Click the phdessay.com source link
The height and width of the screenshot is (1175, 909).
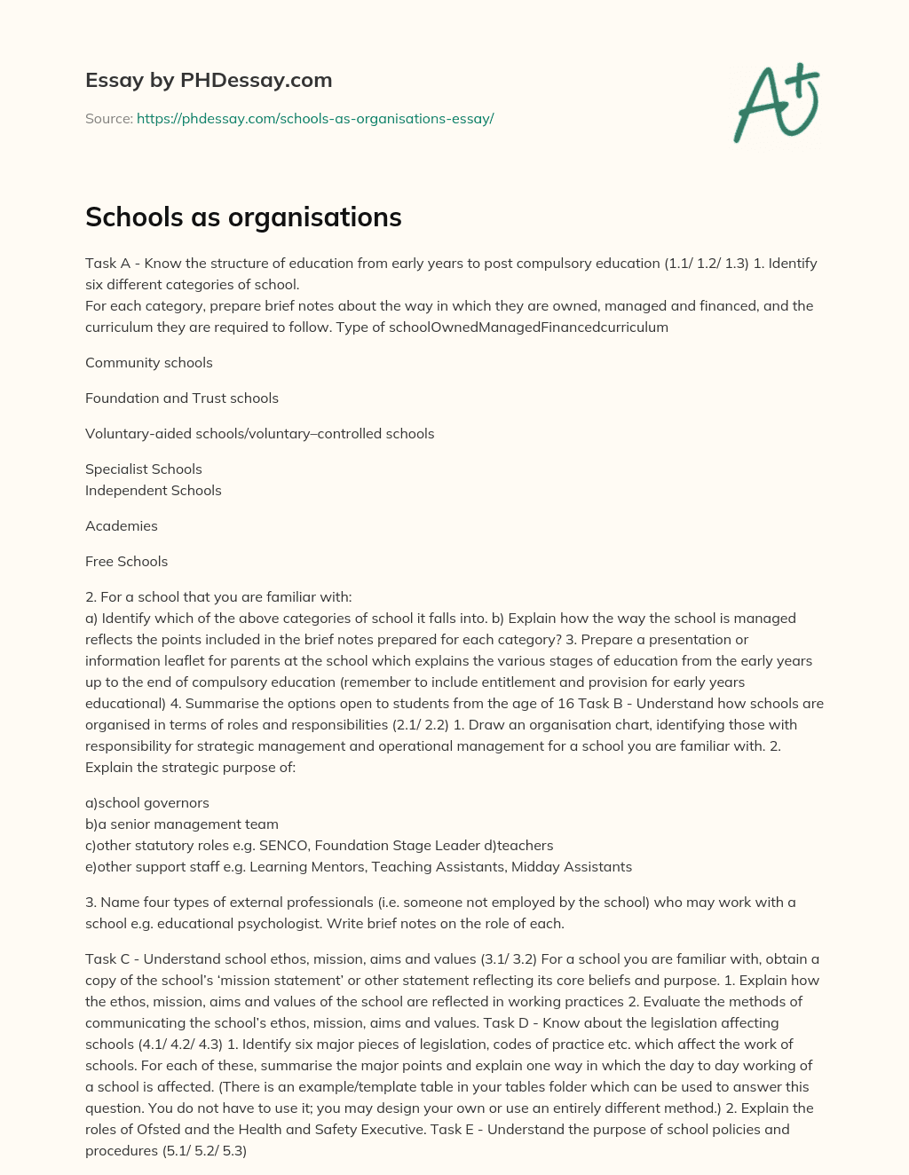[x=315, y=118]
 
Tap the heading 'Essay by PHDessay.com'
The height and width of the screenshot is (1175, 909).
[x=209, y=80]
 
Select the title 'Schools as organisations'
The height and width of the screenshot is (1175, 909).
[x=243, y=217]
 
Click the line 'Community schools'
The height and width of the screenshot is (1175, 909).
[x=149, y=362]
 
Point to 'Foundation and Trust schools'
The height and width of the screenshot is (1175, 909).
[x=182, y=398]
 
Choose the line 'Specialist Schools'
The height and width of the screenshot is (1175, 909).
[x=144, y=469]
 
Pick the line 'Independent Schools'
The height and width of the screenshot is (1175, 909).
[x=154, y=490]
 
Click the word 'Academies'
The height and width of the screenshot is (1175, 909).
[x=122, y=525]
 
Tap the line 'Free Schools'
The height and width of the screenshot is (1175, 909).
[x=126, y=561]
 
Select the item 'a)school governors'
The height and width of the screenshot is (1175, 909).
[x=147, y=802]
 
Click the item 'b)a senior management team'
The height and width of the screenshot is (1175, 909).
[x=182, y=824]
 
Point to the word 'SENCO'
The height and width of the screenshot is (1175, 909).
[x=282, y=845]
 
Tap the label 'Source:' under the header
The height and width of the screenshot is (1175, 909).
[x=109, y=118]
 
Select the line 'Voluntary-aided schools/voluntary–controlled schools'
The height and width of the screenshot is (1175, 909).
[x=260, y=433]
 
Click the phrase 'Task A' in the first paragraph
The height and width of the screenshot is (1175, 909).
[x=108, y=263]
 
